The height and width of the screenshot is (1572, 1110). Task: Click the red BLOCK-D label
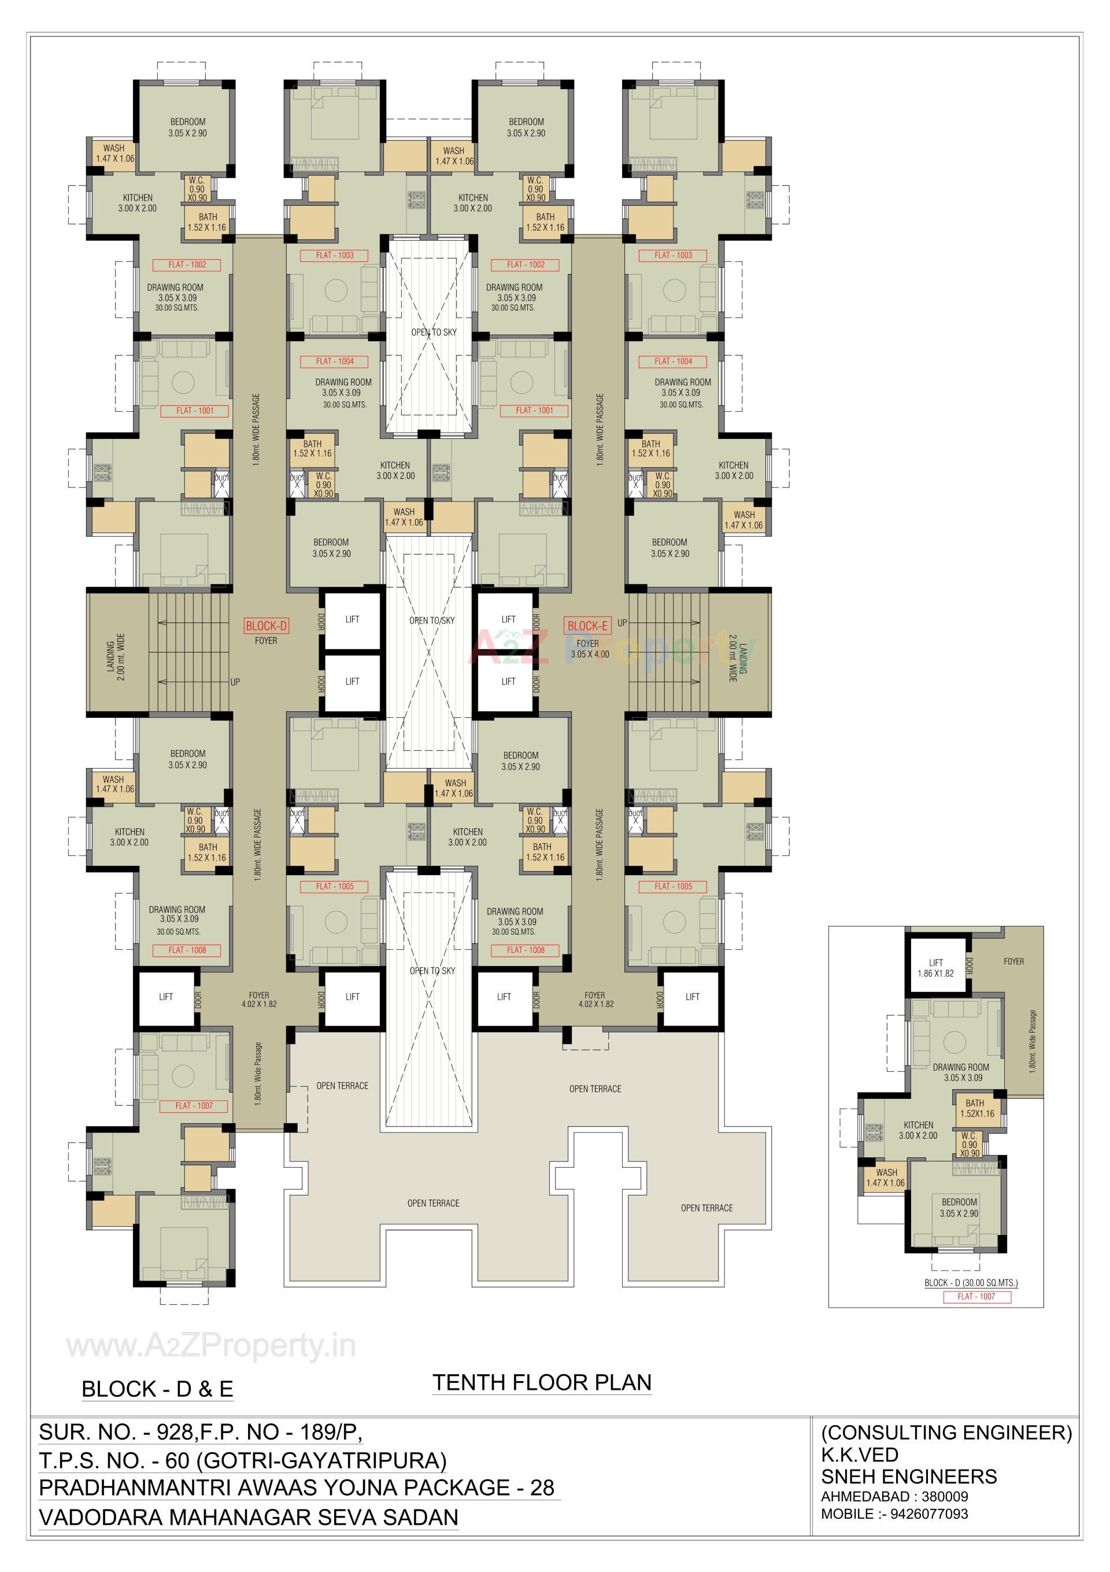click(266, 626)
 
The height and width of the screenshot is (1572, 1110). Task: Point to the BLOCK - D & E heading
click(157, 1389)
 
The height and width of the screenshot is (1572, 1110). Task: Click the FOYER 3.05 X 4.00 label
click(588, 649)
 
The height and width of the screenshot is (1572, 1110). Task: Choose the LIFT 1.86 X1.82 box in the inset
click(935, 968)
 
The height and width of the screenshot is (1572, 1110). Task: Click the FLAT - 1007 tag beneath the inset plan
click(976, 1296)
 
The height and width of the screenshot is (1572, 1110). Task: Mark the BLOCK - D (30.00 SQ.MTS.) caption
click(971, 1282)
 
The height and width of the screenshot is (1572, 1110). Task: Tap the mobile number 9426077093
click(928, 1513)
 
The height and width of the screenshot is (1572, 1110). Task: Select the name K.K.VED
click(860, 1454)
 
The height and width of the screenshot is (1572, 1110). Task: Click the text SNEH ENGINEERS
click(909, 1476)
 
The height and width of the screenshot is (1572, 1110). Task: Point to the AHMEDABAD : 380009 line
click(894, 1496)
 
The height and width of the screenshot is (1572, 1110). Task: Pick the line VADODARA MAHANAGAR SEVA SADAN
click(249, 1517)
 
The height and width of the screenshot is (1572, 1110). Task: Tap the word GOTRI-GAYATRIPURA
click(321, 1460)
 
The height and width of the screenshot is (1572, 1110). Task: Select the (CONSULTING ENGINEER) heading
click(946, 1431)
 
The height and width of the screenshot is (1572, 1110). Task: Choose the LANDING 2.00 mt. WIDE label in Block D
click(116, 656)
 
